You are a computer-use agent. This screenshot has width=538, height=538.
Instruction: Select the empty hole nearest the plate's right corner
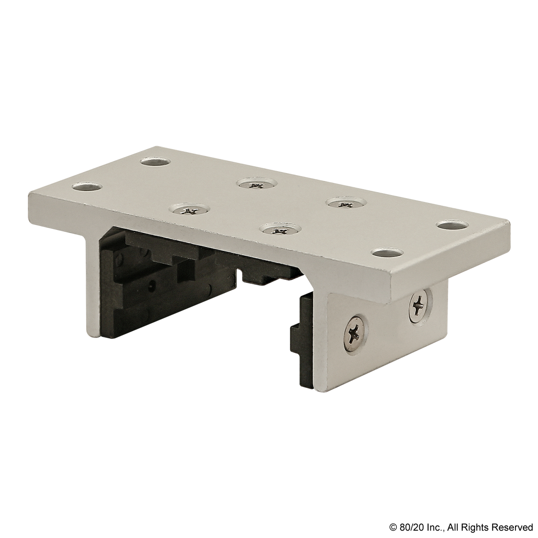tap(452, 225)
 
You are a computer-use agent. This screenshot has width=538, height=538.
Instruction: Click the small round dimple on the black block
tap(152, 284)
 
